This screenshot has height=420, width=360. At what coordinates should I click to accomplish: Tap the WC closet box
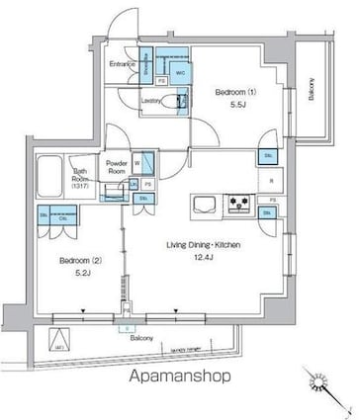click(180, 72)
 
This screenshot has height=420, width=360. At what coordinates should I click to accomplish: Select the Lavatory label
click(151, 100)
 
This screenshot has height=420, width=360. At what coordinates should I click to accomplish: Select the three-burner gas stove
click(240, 205)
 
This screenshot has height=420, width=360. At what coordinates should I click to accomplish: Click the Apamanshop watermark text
click(179, 377)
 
